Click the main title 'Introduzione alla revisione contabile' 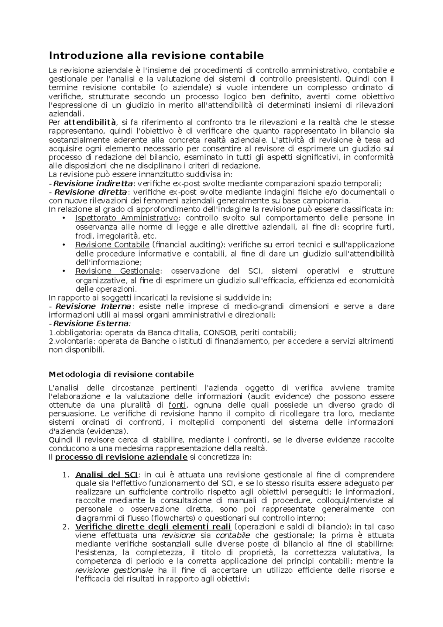157,56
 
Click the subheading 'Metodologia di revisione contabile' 121,374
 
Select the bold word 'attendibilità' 90,122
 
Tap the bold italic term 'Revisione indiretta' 93,184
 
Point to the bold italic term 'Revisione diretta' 90,192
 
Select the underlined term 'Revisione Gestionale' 117,271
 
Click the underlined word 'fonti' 176,405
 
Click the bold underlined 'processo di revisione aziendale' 121,457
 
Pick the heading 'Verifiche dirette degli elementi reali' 153,527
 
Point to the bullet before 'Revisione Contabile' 64,245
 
